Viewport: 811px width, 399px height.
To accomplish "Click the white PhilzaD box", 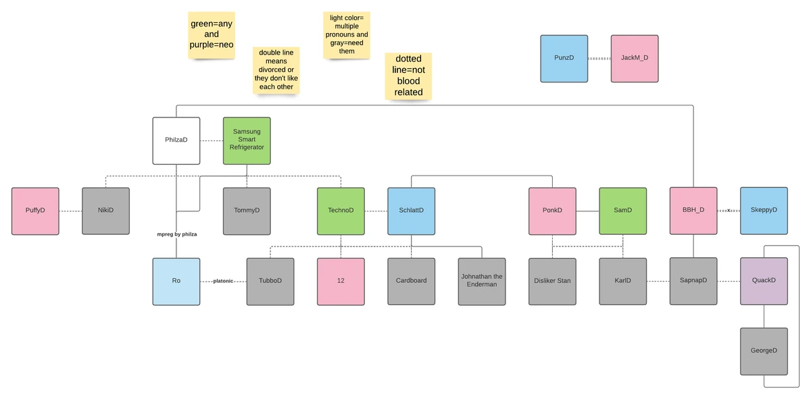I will pos(176,140).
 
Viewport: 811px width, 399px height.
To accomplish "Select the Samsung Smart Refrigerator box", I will pos(247,140).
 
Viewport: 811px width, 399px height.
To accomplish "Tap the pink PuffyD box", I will pos(35,211).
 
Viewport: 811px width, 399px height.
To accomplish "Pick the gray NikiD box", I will pos(105,211).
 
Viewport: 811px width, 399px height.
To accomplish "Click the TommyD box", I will pos(247,211).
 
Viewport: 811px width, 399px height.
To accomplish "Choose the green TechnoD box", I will pos(341,211).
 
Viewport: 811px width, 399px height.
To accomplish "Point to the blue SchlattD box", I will pos(411,211).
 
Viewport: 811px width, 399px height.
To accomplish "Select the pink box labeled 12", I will pos(341,281).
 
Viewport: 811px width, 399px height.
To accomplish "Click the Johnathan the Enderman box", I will pos(481,281).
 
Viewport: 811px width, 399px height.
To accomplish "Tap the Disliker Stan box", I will pos(552,281).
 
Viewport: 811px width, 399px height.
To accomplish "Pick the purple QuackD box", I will pos(764,281).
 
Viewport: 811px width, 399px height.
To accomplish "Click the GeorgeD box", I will pos(764,351).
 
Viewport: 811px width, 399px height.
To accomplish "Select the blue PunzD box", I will pos(564,59).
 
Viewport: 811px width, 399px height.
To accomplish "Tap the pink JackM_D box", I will pos(634,59).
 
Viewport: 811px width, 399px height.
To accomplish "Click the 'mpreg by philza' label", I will pos(176,234).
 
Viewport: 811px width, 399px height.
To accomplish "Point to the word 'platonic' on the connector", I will pos(223,281).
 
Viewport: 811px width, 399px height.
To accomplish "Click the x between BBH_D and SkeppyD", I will pos(729,211).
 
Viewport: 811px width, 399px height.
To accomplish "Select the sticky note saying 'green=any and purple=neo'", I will pos(212,34).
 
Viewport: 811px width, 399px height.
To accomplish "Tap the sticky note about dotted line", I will pos(408,76).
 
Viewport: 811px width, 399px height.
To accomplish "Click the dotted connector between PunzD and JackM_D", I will pos(599,59).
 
